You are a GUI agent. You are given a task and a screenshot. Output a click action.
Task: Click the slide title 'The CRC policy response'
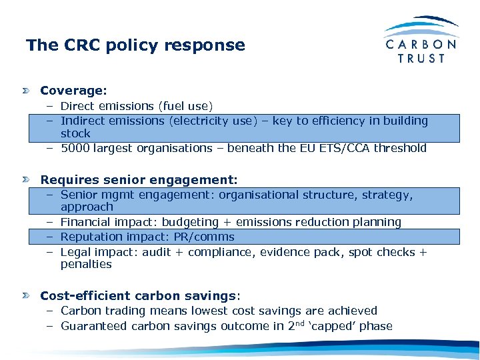[x=135, y=45]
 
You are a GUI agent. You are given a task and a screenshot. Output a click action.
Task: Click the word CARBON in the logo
[x=421, y=44]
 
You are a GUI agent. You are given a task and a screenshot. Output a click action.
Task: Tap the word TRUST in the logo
[x=421, y=59]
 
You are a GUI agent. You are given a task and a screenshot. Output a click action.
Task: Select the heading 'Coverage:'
[x=73, y=90]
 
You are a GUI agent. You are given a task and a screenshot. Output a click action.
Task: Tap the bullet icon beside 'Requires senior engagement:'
[x=26, y=180]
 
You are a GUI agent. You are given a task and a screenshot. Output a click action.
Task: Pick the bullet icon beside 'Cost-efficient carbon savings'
[x=26, y=295]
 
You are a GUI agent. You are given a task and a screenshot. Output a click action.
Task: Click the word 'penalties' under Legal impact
[x=86, y=265]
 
